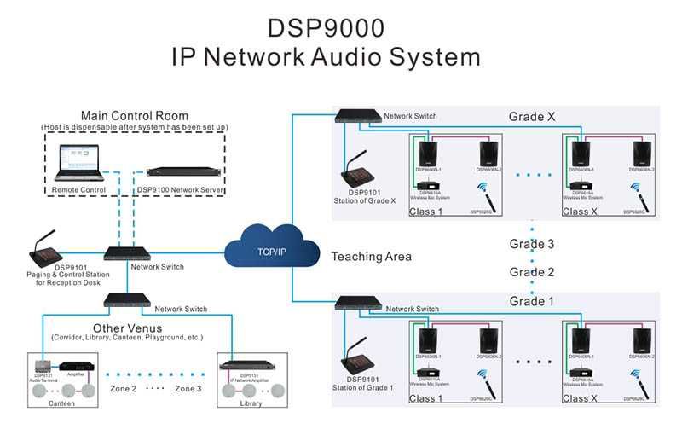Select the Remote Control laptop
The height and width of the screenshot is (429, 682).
(x=78, y=163)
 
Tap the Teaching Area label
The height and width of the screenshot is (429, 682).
(x=371, y=256)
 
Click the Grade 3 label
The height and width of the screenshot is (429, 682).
(x=532, y=244)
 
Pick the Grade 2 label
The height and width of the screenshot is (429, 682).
(x=532, y=271)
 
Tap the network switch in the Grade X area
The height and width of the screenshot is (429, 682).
(x=357, y=115)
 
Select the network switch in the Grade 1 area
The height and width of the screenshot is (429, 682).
(x=357, y=302)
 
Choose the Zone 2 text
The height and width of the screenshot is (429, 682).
(x=121, y=388)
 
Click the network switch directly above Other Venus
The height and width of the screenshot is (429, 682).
(x=127, y=300)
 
